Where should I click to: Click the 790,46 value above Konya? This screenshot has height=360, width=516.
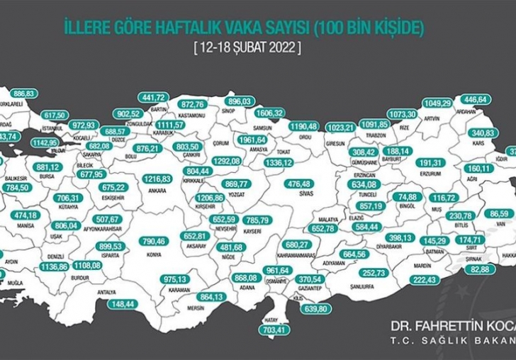coord(152,242)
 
